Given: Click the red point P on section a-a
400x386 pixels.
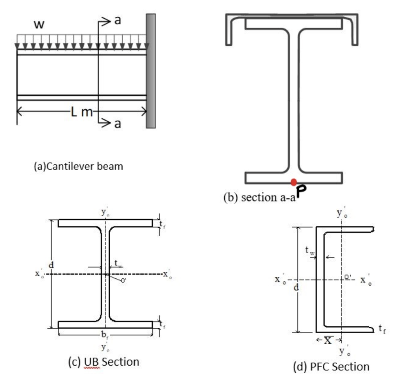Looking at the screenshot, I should [294, 182].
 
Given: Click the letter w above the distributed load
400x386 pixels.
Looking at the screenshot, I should [38, 25].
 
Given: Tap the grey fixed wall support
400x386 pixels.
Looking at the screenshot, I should [151, 71].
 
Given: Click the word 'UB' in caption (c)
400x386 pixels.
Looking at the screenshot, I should [91, 362].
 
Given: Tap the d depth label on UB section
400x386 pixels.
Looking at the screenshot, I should [51, 266].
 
